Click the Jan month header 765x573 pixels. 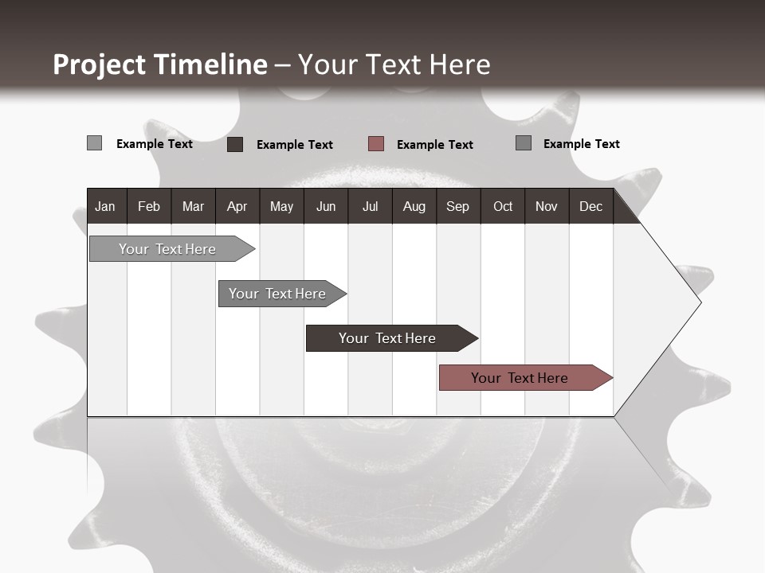tap(105, 206)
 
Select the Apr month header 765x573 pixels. tap(237, 206)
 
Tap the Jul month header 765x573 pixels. tap(370, 206)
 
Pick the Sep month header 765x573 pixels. tap(457, 206)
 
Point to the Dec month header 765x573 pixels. tap(590, 206)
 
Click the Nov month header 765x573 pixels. tap(546, 206)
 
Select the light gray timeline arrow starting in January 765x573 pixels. tap(167, 249)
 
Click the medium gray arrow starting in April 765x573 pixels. tap(277, 294)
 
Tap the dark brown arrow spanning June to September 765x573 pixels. tap(387, 338)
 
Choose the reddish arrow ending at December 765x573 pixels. tap(520, 378)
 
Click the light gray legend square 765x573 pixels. tap(94, 143)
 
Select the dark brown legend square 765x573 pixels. tap(235, 144)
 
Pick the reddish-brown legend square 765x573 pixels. tap(376, 143)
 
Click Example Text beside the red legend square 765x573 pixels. tap(434, 144)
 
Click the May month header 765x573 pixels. tap(281, 206)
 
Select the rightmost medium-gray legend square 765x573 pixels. tap(524, 143)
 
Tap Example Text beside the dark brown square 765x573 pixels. tap(294, 144)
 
